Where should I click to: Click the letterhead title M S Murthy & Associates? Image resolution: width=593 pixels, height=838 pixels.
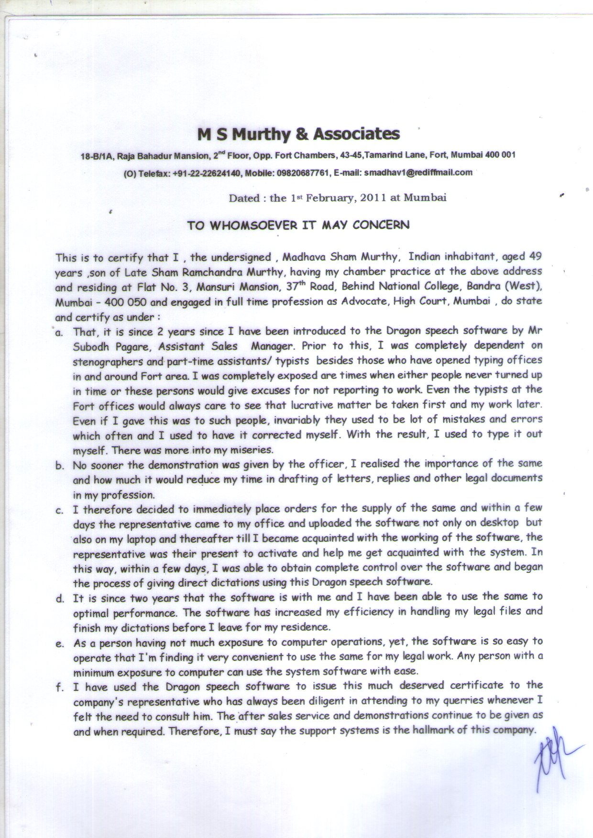pyautogui.click(x=299, y=134)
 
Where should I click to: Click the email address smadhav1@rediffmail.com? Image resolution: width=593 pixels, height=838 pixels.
pyautogui.click(x=418, y=172)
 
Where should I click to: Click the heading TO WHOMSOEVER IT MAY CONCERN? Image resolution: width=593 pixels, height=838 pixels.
pyautogui.click(x=298, y=225)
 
